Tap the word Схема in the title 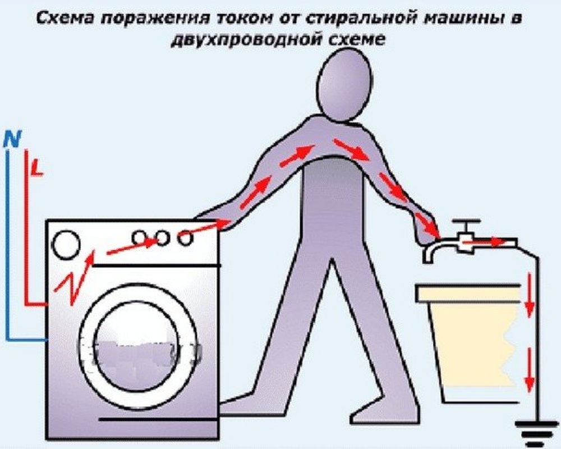(x=62, y=19)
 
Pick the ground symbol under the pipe (x=537, y=436)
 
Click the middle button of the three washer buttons (x=163, y=238)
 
